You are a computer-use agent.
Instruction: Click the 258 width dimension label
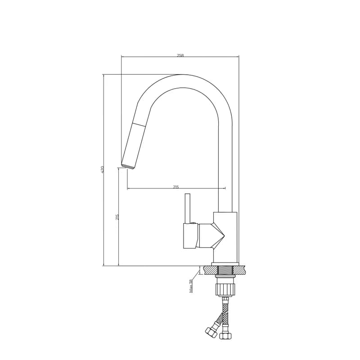(180, 55)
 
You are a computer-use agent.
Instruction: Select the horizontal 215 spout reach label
(176, 187)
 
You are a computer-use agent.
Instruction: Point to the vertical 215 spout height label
(117, 217)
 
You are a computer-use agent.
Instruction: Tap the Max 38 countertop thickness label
(191, 286)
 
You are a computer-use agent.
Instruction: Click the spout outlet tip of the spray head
(127, 166)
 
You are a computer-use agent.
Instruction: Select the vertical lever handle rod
(188, 208)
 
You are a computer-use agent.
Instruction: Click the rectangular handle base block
(191, 235)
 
